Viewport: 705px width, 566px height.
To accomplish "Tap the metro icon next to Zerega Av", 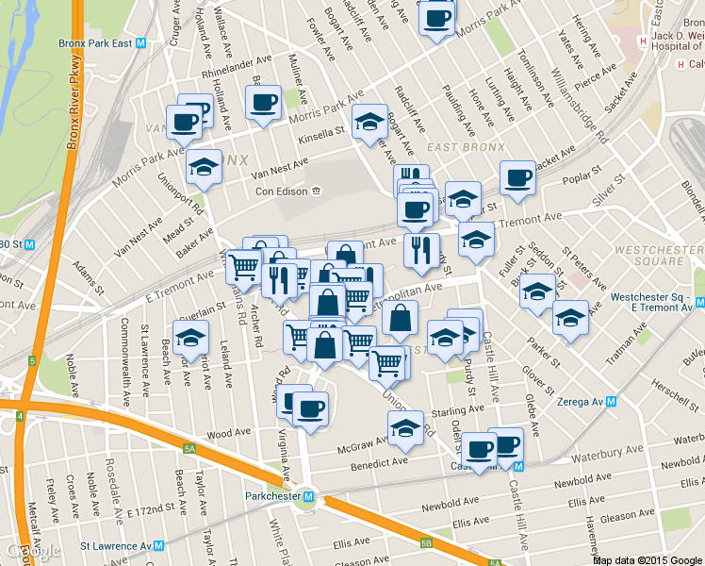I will point(611,401).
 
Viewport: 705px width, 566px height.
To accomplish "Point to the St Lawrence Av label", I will point(115,545).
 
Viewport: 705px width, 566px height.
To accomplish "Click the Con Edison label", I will point(283,191).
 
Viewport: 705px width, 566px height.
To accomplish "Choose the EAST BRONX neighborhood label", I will point(456,148).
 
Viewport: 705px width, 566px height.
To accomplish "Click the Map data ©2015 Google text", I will point(648,559).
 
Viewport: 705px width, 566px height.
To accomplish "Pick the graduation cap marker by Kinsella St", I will point(369,122).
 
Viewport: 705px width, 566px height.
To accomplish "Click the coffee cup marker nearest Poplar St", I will point(516,177).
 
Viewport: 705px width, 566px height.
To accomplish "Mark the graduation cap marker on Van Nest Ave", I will point(203,168).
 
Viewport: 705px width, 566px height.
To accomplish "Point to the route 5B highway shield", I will point(426,542).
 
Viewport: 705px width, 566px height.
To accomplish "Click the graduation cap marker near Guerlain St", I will point(190,338).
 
